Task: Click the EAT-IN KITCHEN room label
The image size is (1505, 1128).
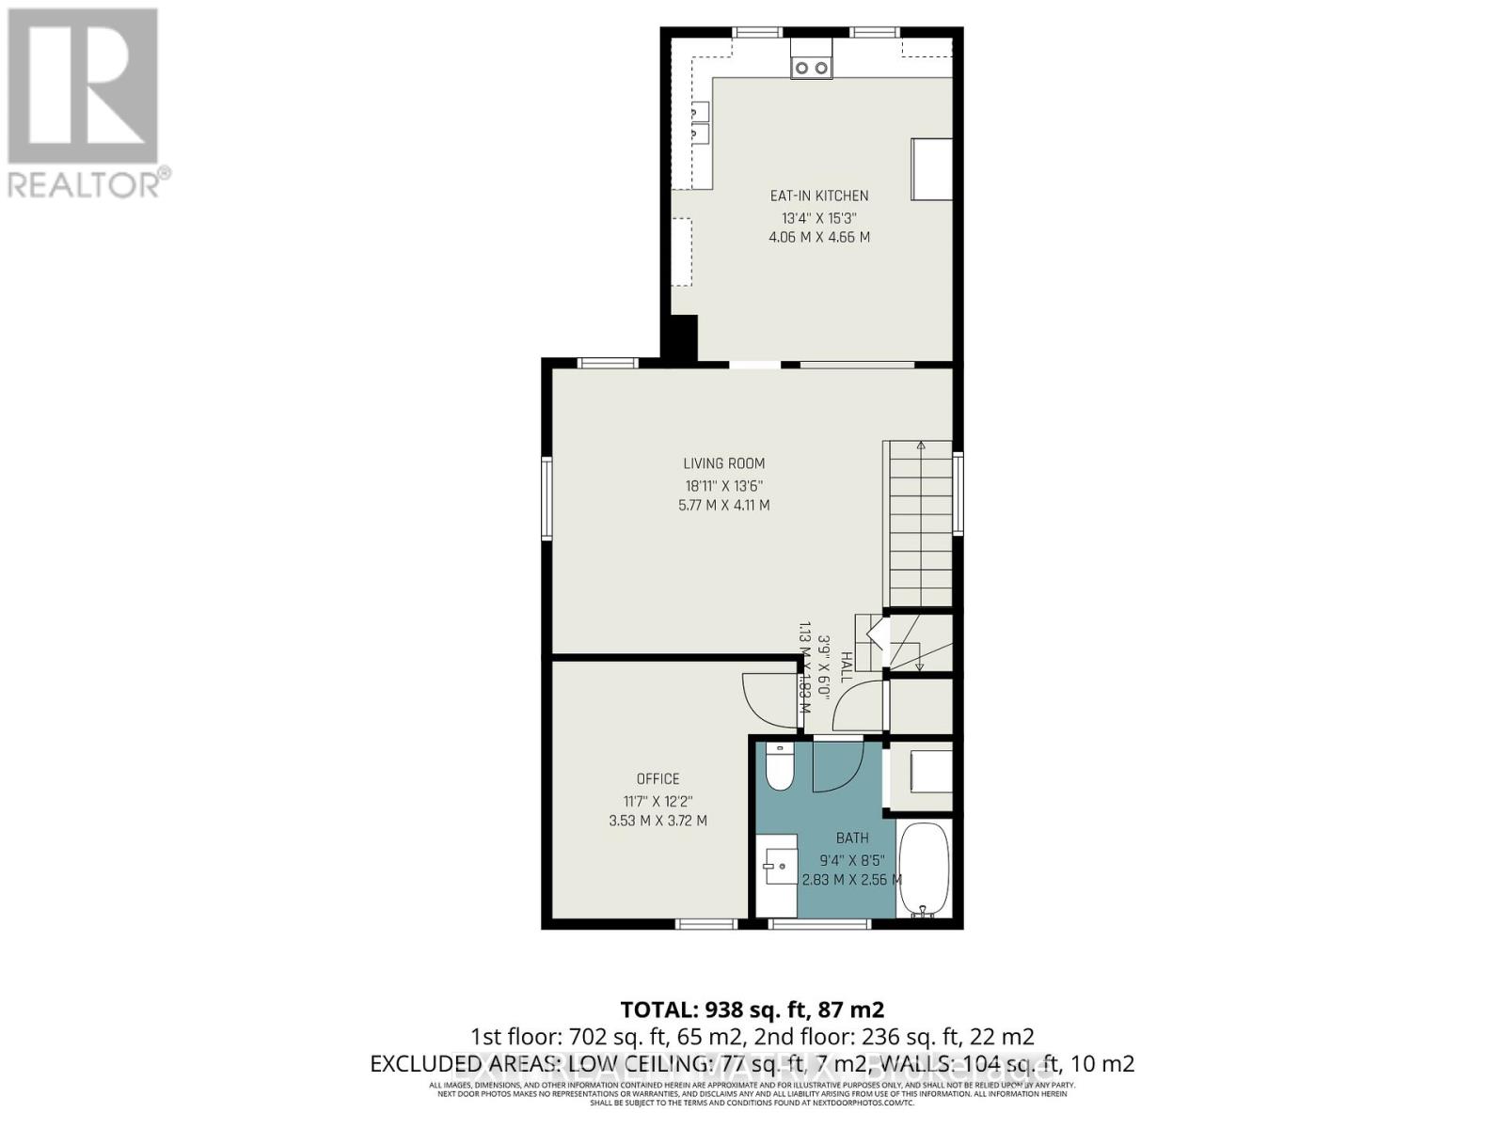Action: [818, 196]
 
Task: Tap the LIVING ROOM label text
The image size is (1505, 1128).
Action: [723, 463]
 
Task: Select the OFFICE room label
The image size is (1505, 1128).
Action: [657, 778]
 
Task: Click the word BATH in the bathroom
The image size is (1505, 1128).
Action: [852, 838]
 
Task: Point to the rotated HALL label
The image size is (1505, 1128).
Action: [846, 667]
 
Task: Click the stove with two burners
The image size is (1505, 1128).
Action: [811, 67]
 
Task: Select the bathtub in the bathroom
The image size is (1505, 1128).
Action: [923, 869]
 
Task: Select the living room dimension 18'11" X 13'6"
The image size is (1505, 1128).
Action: [723, 486]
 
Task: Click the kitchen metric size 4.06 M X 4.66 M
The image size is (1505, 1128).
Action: [818, 237]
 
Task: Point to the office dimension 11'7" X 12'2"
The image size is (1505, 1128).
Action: [657, 801]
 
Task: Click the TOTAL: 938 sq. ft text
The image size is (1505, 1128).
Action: [752, 1010]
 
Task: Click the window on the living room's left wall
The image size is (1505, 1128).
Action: [547, 498]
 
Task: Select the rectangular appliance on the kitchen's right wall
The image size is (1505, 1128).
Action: [931, 169]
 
